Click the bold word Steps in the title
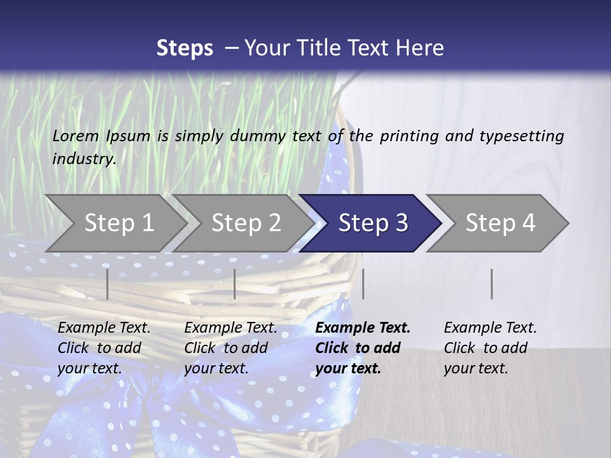[185, 48]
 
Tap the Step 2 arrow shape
[246, 223]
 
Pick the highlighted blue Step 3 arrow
[373, 223]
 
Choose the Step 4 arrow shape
[500, 223]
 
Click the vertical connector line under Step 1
[108, 284]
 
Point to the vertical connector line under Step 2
[235, 284]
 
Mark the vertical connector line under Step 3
[363, 284]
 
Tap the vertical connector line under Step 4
[491, 284]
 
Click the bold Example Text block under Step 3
[362, 348]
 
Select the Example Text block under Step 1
[104, 348]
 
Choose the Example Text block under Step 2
[230, 348]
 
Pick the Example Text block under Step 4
[490, 348]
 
